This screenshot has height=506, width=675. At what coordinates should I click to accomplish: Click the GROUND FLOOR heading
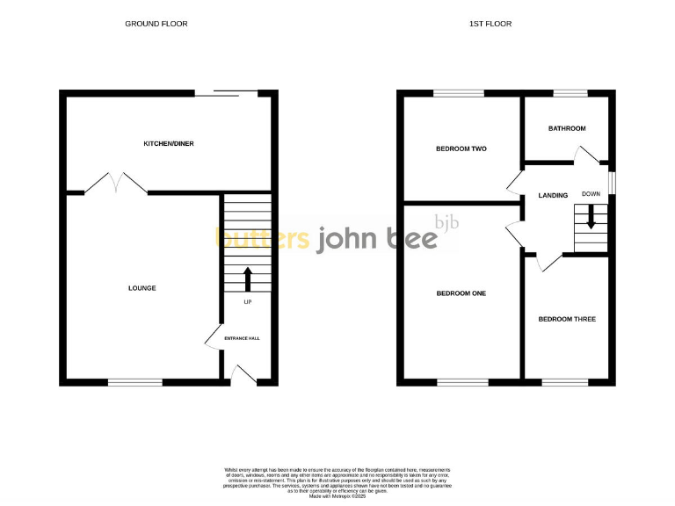pos(156,24)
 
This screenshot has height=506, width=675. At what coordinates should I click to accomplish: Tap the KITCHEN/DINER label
pos(169,143)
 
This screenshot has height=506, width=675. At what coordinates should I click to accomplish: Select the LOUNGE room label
pos(142,288)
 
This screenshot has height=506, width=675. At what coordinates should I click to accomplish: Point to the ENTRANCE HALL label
pos(242,338)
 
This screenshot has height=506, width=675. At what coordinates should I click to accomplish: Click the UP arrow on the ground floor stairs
pos(247,279)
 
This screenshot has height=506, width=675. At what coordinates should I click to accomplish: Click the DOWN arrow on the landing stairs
pos(591,216)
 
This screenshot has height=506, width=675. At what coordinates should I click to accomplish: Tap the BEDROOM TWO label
pos(461,148)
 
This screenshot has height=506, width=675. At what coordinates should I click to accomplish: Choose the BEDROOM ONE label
pos(461,293)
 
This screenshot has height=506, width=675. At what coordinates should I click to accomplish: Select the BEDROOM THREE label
pos(567,319)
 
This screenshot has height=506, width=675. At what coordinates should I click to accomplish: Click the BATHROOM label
pos(567,128)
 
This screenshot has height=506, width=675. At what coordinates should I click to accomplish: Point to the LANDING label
pos(554,195)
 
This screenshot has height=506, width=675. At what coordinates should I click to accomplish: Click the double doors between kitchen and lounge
pos(116,184)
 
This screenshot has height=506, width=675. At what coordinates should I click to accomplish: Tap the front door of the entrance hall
pos(242,374)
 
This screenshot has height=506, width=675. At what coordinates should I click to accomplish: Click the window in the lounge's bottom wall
pos(134,382)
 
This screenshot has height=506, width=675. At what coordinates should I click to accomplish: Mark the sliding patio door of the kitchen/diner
pos(225,91)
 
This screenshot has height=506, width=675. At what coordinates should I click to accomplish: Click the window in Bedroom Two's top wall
pos(458,93)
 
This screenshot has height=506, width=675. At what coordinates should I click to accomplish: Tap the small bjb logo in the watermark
pos(447,221)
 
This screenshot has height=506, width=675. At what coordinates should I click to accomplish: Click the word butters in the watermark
pos(263,238)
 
